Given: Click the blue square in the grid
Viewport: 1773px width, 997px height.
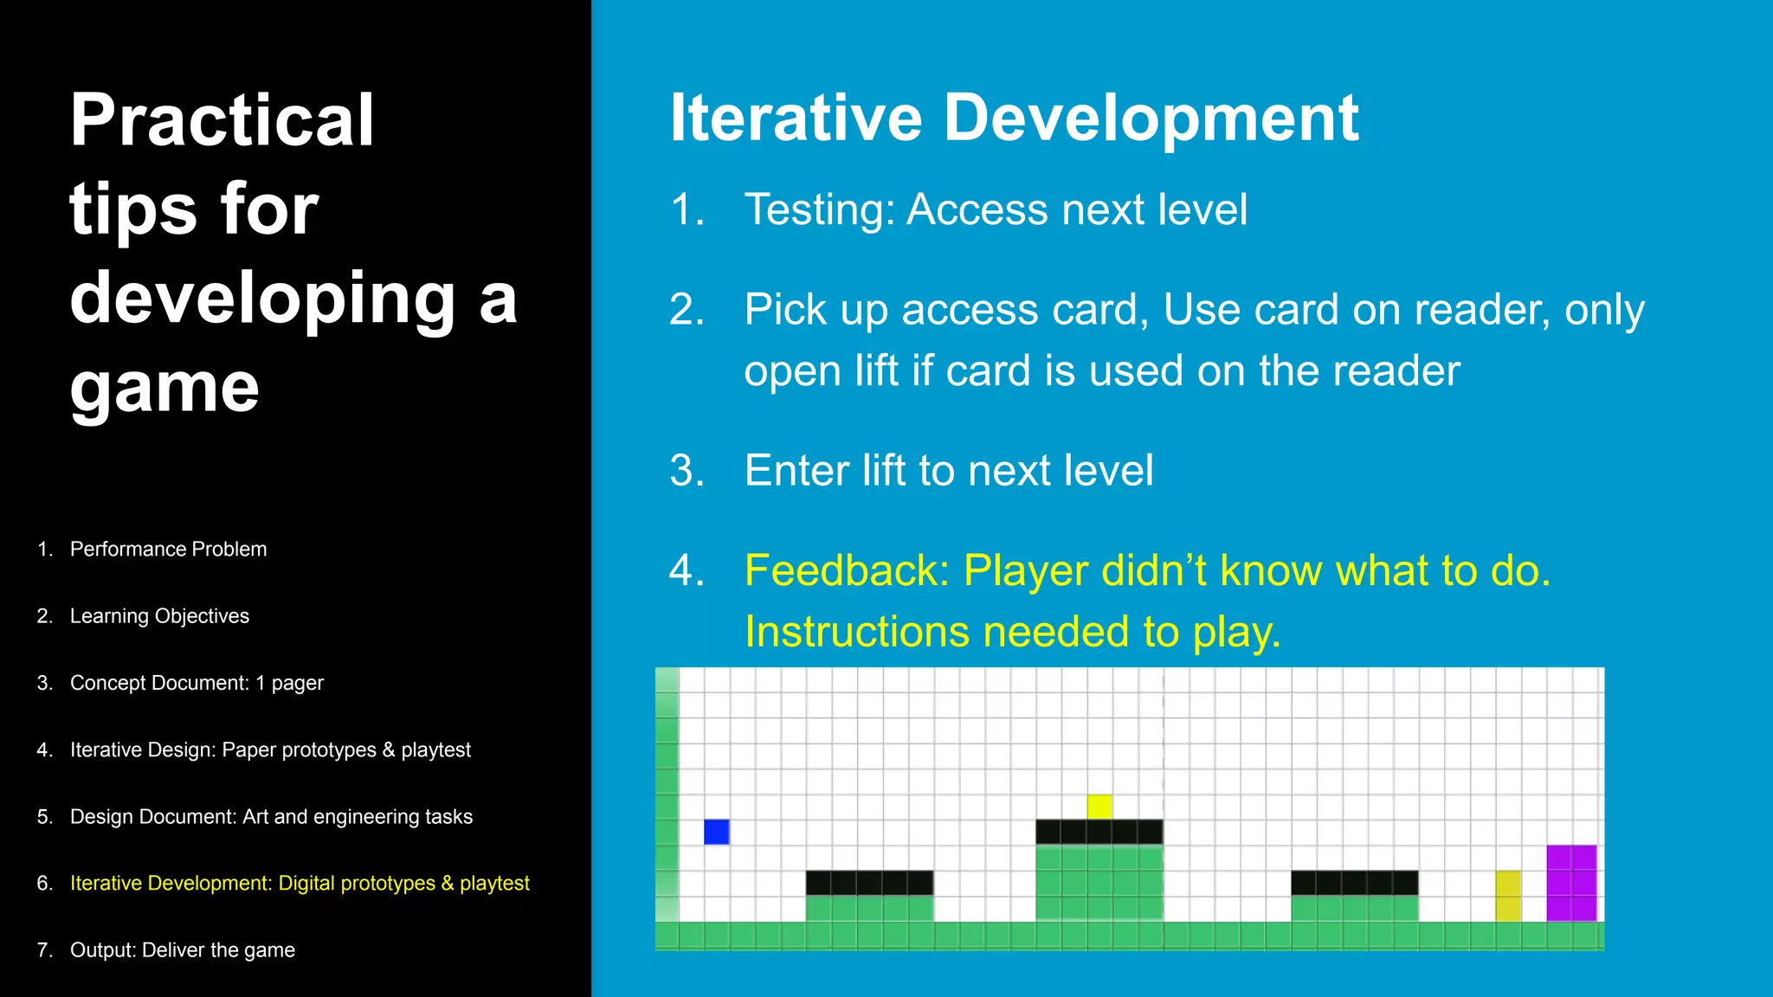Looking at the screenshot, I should tap(716, 832).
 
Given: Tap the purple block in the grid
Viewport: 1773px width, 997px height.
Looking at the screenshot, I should tap(1571, 883).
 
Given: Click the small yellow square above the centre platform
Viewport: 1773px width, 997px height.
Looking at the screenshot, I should tap(1099, 807).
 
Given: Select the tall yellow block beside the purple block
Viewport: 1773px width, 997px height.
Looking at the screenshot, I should tap(1508, 896).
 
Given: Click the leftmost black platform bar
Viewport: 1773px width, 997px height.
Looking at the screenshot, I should tap(869, 883).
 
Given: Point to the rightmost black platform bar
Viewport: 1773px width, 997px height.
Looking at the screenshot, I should tap(1354, 883).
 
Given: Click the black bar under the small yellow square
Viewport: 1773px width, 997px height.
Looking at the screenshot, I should tap(1099, 832).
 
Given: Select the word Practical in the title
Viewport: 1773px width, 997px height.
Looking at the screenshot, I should tap(222, 120).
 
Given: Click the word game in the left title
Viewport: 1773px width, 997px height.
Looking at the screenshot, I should tap(164, 388).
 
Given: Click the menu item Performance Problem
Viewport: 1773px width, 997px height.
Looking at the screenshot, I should tap(168, 549).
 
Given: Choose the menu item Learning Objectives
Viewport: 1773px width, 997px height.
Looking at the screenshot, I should tap(159, 616).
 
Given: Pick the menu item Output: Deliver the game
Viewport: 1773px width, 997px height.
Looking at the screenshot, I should tap(182, 950).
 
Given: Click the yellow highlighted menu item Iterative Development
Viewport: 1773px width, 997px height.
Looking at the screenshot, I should tap(300, 883).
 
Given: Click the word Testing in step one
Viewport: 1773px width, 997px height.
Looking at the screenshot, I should tap(818, 209).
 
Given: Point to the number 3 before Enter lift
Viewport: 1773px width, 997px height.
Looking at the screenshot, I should tap(686, 471).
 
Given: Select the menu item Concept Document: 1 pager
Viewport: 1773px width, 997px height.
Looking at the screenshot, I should tap(197, 683).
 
